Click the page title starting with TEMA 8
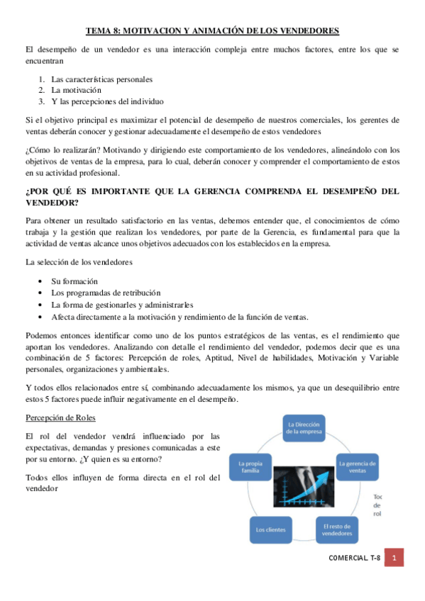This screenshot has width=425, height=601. [212, 30]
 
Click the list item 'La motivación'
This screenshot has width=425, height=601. [76, 90]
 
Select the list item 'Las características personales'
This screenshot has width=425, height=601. [101, 79]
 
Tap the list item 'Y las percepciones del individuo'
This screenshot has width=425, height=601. [107, 101]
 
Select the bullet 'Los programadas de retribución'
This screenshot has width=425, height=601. [106, 293]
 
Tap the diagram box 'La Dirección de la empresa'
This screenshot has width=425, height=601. [304, 427]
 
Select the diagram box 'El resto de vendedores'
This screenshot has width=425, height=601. [337, 529]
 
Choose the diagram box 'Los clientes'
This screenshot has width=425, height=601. [270, 529]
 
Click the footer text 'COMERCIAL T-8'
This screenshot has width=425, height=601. [355, 558]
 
